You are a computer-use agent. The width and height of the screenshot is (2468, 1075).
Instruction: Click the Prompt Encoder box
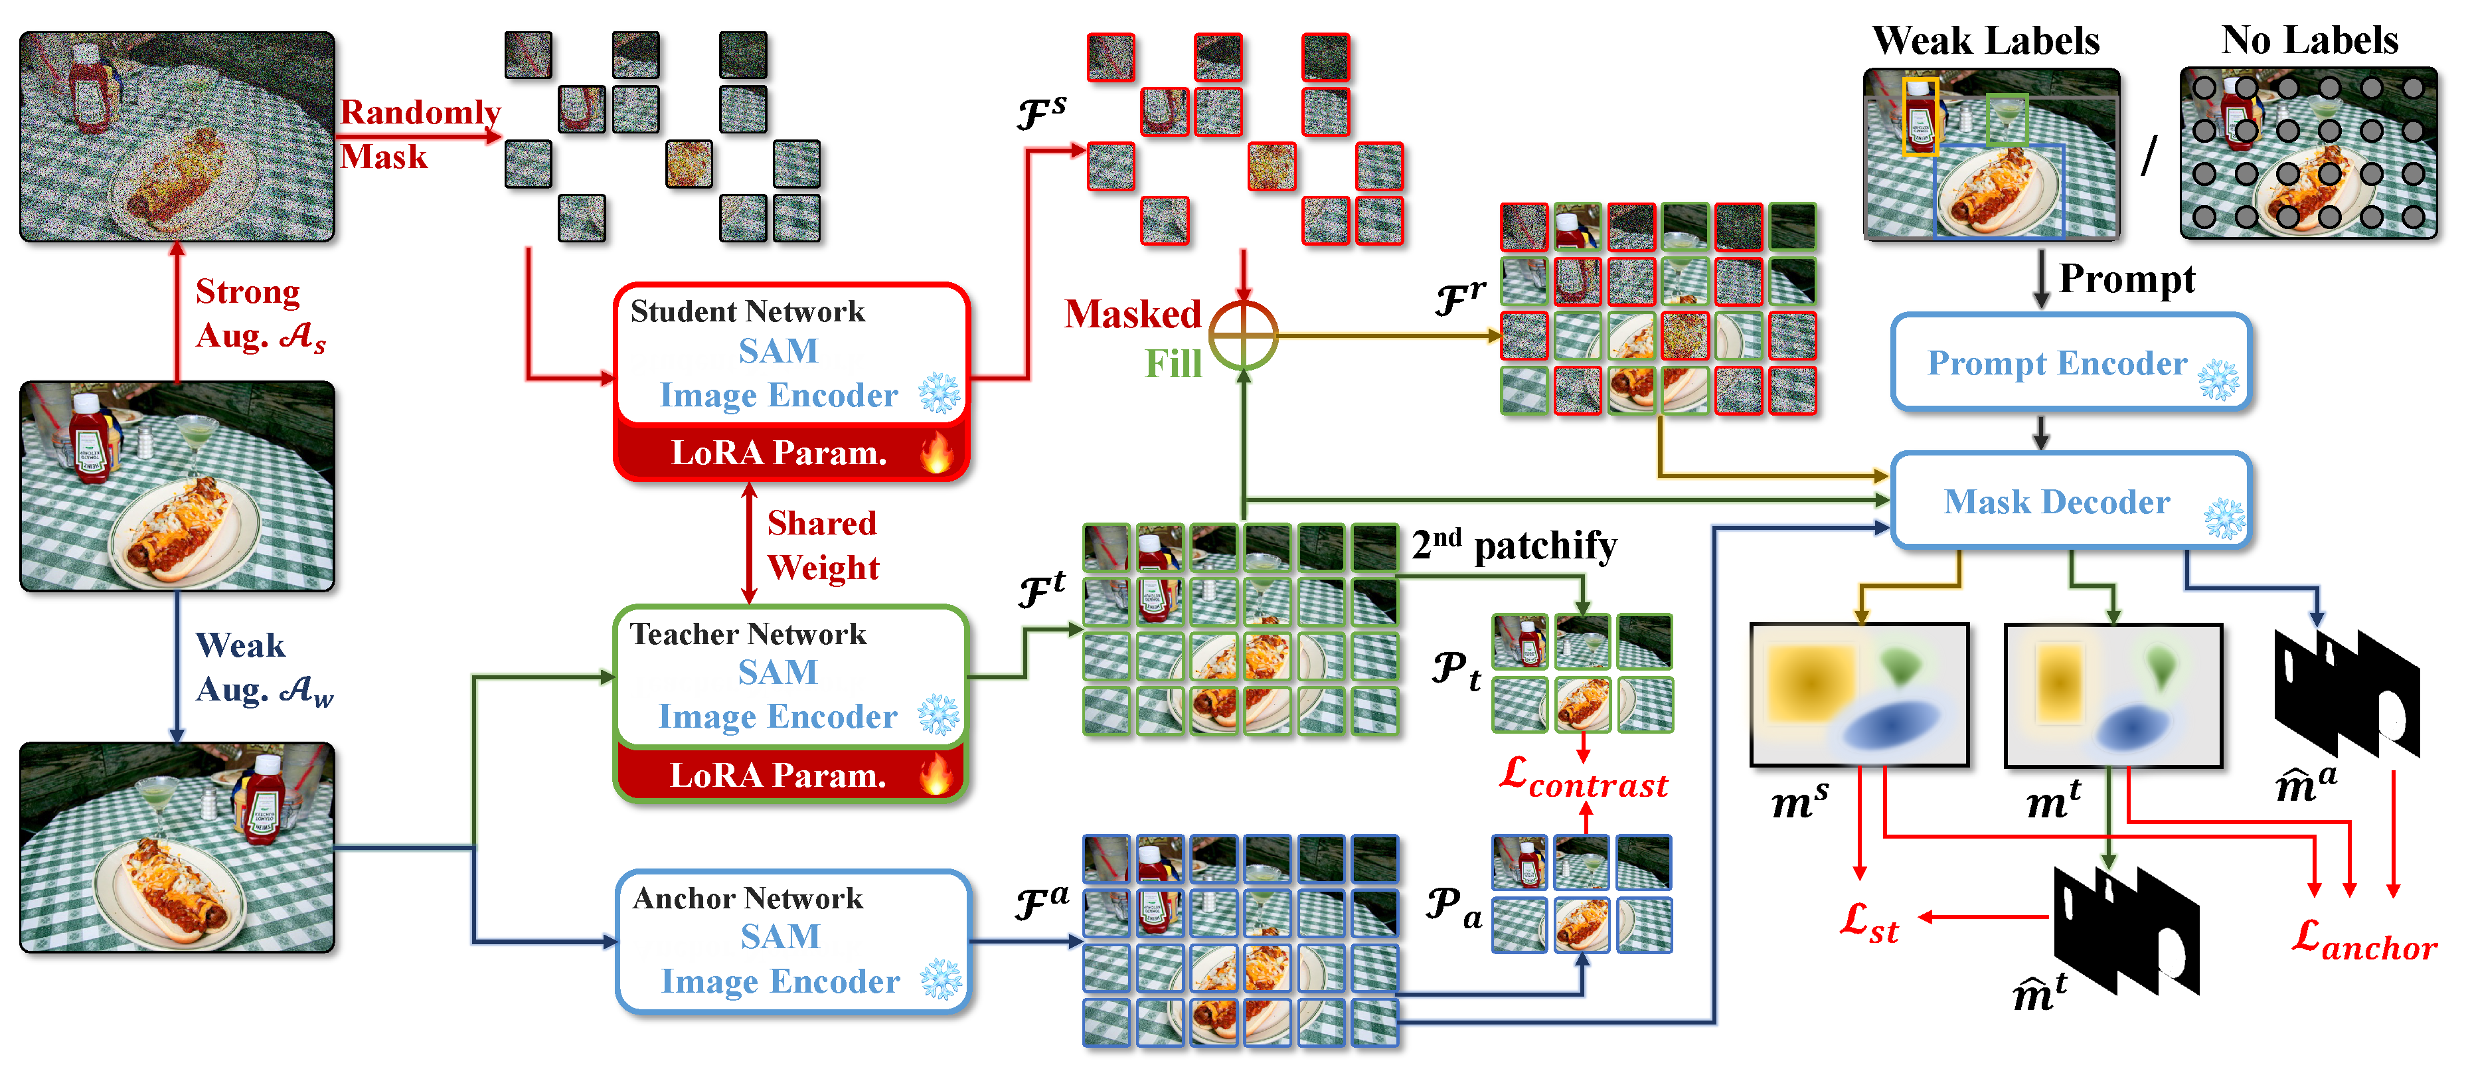(2070, 362)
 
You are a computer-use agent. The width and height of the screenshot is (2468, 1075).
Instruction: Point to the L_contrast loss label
(1584, 778)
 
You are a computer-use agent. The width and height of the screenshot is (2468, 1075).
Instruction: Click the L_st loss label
(1868, 924)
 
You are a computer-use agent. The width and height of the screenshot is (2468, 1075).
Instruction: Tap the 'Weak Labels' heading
(1985, 41)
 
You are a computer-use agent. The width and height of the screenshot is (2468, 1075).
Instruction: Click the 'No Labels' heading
(2309, 41)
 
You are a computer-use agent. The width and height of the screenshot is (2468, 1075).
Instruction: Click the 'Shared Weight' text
(822, 544)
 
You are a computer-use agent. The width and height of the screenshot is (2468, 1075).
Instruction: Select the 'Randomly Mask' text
(419, 134)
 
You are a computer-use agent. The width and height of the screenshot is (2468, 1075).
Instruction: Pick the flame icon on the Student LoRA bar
(937, 452)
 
